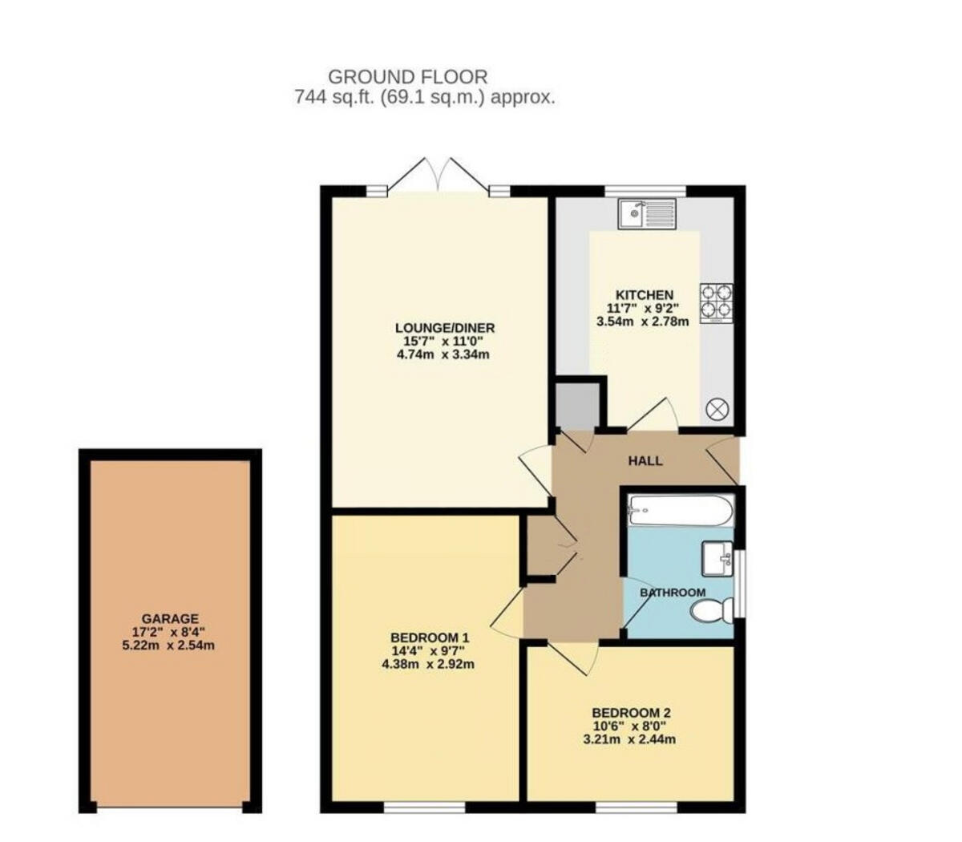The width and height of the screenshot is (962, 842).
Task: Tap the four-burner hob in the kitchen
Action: (x=716, y=303)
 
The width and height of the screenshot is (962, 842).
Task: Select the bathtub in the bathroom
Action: (x=681, y=510)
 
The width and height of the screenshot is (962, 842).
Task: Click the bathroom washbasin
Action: (x=717, y=557)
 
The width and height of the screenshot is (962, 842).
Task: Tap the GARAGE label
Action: (x=170, y=618)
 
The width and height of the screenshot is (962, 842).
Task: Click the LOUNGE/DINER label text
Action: (x=445, y=327)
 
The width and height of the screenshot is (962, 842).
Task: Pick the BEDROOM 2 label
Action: (x=631, y=712)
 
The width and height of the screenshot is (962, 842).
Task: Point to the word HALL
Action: (x=645, y=460)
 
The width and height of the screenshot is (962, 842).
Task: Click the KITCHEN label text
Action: (x=644, y=294)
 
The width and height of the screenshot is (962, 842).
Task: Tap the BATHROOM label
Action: (x=673, y=593)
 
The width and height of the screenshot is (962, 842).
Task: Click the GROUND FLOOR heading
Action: (x=408, y=77)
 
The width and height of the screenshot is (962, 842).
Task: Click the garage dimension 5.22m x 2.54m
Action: (x=170, y=645)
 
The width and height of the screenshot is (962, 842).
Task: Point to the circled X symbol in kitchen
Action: (x=716, y=410)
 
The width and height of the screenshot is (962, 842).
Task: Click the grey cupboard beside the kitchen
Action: (x=577, y=405)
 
